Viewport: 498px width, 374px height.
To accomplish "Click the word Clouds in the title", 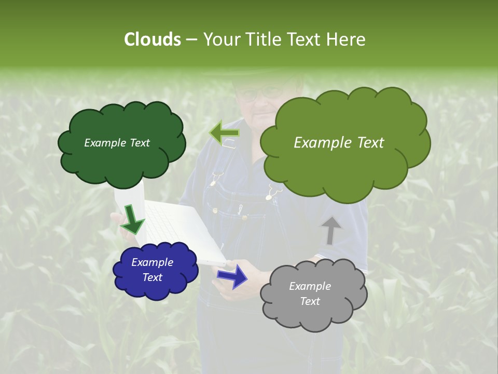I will (x=153, y=39).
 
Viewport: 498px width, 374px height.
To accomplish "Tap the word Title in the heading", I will (x=261, y=39).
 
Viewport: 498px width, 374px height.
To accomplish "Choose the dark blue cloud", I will (x=156, y=288).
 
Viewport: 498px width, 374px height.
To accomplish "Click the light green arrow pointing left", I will (x=224, y=133).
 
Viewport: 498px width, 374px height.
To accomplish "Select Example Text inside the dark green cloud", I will (x=117, y=143).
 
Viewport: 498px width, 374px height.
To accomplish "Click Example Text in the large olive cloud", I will (x=339, y=143).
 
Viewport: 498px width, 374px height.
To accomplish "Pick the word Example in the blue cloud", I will (x=152, y=262).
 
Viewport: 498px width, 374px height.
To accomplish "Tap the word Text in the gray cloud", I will (x=310, y=301).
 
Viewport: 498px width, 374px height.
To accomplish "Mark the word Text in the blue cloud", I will (x=152, y=277).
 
